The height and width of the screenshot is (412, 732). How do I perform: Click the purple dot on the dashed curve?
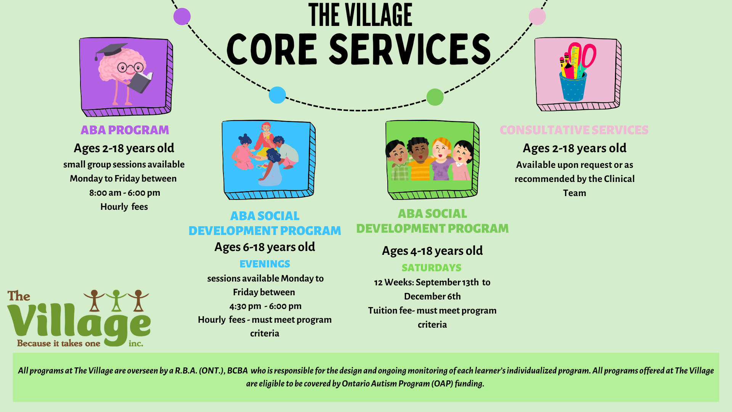pos(182,16)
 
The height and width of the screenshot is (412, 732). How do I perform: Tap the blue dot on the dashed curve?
pos(277,95)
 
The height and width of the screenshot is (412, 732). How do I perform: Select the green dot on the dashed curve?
pos(435,97)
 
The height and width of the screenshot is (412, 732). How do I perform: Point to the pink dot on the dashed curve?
pos(537,16)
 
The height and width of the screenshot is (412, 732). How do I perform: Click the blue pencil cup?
pos(573,87)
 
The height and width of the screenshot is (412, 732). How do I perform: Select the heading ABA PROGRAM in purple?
pos(125,130)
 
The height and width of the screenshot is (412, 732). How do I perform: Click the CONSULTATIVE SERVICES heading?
pos(574,130)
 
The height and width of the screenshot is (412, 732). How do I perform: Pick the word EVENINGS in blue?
pos(265,264)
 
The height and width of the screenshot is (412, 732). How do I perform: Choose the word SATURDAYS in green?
pos(432,268)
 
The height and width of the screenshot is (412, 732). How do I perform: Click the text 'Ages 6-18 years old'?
pos(265,247)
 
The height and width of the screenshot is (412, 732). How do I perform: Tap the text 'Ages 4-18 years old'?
pos(432,251)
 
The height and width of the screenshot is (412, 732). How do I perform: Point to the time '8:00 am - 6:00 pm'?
pos(125,193)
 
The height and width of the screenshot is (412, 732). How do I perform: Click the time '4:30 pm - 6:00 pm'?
pos(265,306)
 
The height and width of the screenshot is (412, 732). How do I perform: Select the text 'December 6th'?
pos(432,296)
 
